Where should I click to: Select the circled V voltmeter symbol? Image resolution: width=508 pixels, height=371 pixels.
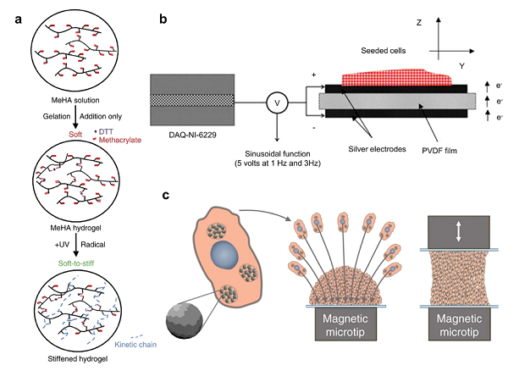[273, 102]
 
